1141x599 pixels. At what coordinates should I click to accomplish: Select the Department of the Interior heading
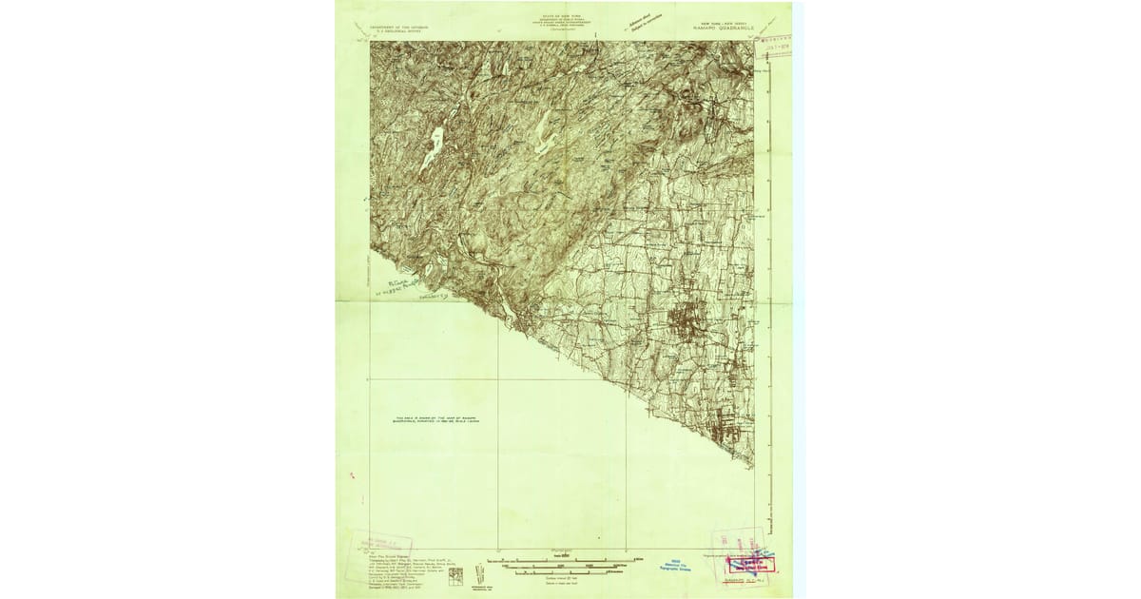tap(399, 29)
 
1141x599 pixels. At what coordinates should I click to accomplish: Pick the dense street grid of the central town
tap(689, 319)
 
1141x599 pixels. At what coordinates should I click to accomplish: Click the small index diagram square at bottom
tap(455, 575)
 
